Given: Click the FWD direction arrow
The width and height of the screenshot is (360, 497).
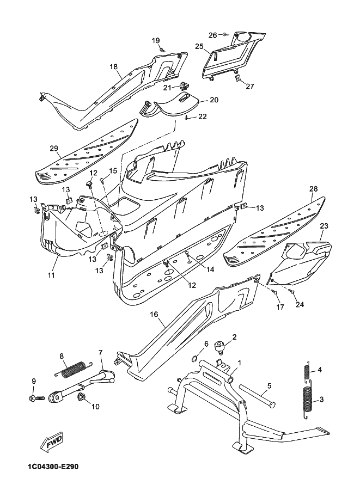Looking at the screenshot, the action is tap(51, 442).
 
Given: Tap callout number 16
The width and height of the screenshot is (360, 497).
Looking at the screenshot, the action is tap(154, 314).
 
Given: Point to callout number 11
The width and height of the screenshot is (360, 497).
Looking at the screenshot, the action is tap(51, 275).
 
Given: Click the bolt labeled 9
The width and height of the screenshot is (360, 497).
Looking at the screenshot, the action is tap(37, 397).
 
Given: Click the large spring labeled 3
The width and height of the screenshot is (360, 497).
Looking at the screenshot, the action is tap(307, 402).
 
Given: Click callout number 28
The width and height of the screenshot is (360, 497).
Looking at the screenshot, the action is tap(313, 189).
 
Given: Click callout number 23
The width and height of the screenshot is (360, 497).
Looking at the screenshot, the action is tap(324, 226).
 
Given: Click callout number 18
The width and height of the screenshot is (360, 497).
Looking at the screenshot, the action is tap(113, 66).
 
